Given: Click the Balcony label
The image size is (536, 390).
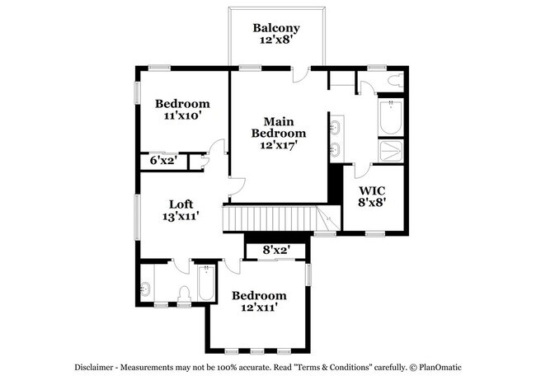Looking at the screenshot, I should click(x=276, y=28).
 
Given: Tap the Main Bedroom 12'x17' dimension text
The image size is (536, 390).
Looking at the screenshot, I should click(x=278, y=144).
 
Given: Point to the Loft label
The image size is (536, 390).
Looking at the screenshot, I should click(x=181, y=204).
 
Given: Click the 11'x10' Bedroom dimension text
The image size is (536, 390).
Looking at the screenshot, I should click(x=182, y=116).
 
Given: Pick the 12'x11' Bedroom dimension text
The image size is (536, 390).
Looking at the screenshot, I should click(x=259, y=308).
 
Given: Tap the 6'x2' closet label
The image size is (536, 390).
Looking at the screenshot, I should click(x=163, y=161).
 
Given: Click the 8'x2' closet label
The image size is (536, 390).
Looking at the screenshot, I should click(x=276, y=249).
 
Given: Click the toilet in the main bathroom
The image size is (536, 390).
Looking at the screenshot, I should click(x=395, y=81).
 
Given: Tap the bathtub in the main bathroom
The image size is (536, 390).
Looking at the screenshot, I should click(x=390, y=119).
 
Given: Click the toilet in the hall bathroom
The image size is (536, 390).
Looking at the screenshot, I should click(x=185, y=292).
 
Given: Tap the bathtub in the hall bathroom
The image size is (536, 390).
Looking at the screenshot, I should click(x=206, y=285).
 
